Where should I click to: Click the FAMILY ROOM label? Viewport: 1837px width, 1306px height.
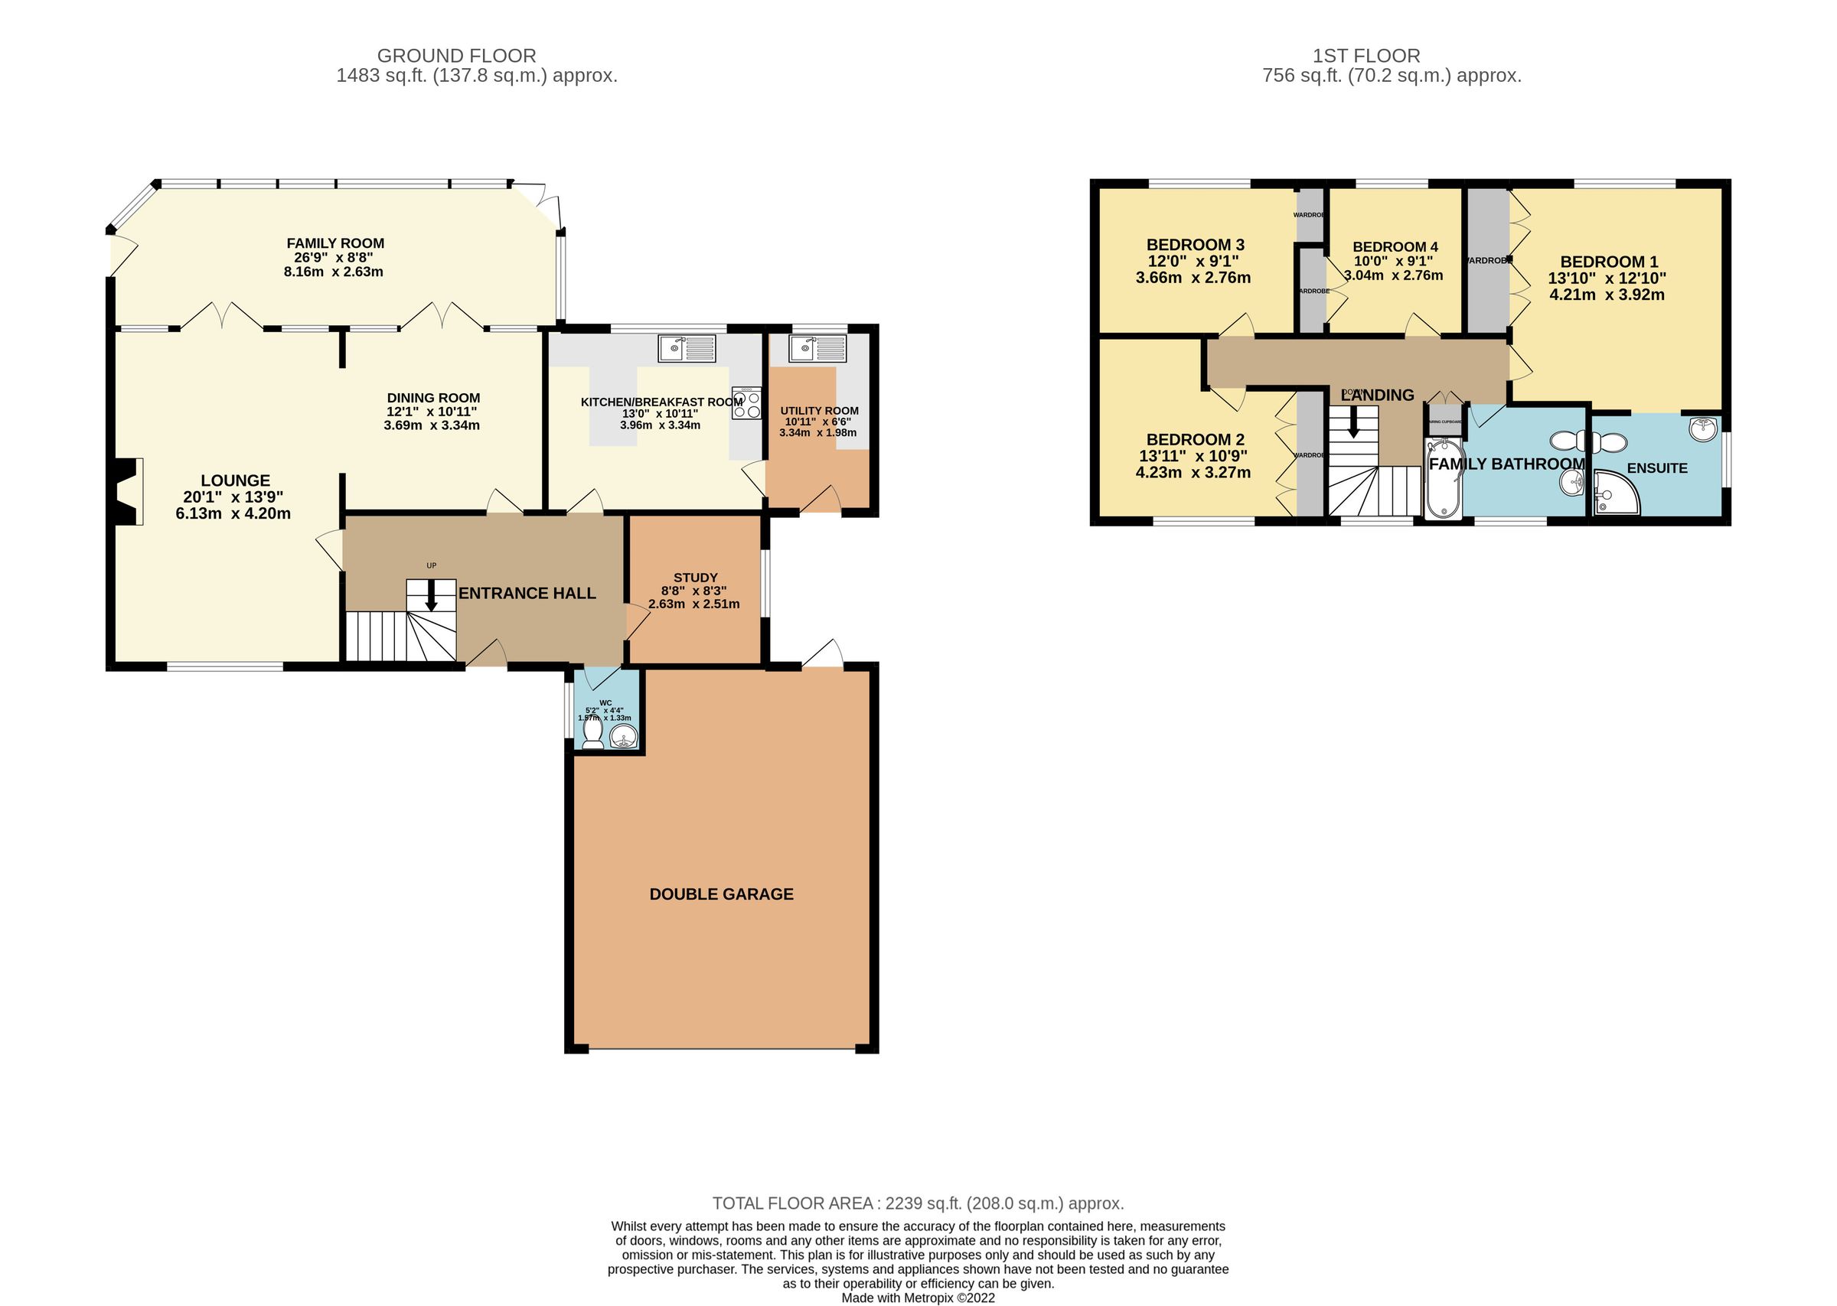click(x=335, y=243)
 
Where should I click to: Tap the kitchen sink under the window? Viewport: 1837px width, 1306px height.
click(x=686, y=348)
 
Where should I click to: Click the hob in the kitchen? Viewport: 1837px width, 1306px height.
click(x=746, y=403)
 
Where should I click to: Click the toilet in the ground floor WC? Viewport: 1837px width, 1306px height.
click(x=592, y=733)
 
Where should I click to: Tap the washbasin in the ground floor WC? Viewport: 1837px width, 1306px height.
click(x=623, y=736)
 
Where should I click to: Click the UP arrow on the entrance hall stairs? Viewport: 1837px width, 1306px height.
click(x=431, y=596)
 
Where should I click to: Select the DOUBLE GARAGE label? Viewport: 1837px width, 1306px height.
click(x=721, y=894)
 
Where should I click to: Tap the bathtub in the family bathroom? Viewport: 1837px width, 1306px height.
click(x=1443, y=478)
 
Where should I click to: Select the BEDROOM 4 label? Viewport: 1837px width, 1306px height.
click(x=1395, y=247)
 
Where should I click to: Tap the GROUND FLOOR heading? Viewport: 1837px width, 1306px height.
click(x=456, y=56)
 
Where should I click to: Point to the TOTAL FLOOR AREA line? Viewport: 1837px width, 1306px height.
click(x=918, y=1203)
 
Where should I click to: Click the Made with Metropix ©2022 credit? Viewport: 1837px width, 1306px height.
click(x=918, y=1297)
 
